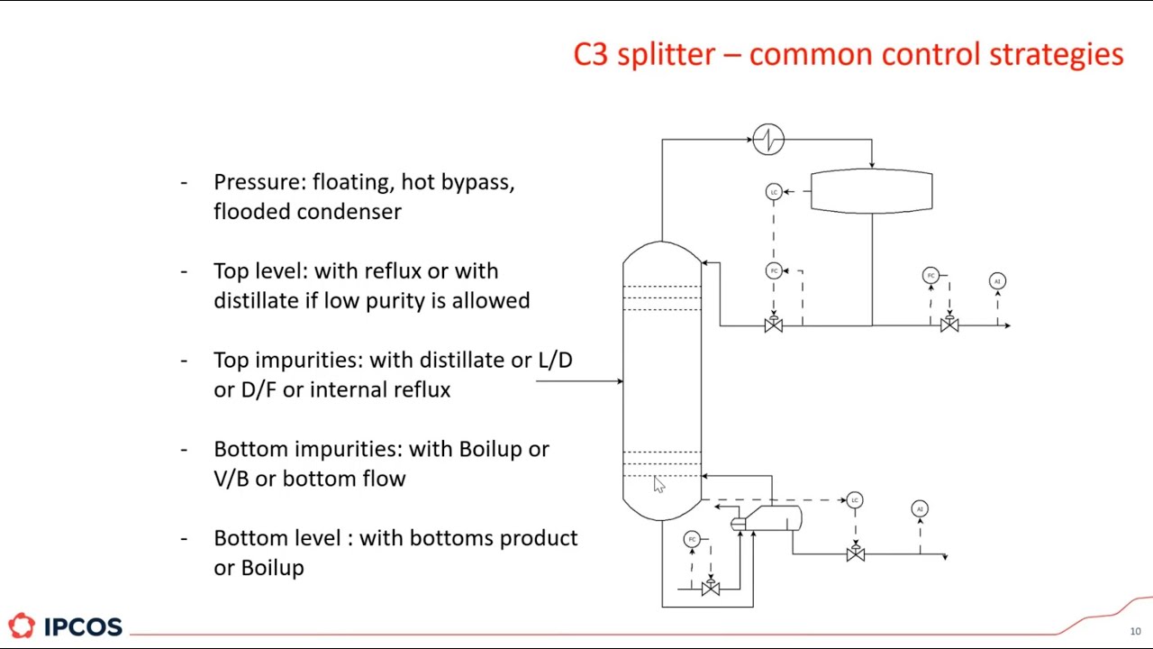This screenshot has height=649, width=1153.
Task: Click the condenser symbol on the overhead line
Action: pyautogui.click(x=768, y=140)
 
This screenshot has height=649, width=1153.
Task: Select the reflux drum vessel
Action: pyautogui.click(x=871, y=191)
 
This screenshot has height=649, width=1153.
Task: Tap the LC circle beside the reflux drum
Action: pyautogui.click(x=774, y=191)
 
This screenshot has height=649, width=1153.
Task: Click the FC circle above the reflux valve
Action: pyautogui.click(x=774, y=270)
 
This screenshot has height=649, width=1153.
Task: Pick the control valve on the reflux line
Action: pyautogui.click(x=774, y=325)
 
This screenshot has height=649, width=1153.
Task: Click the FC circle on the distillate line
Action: pyautogui.click(x=931, y=275)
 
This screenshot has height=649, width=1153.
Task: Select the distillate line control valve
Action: pyautogui.click(x=949, y=324)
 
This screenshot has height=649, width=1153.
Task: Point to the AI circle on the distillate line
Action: pyautogui.click(x=997, y=281)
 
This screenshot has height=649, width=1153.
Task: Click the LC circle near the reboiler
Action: pyautogui.click(x=855, y=499)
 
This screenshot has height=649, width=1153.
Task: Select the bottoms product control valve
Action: pyautogui.click(x=855, y=553)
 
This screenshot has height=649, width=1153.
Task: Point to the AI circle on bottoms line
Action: pyautogui.click(x=920, y=509)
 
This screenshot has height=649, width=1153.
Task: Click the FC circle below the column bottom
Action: pyautogui.click(x=692, y=539)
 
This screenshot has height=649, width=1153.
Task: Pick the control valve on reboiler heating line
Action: pyautogui.click(x=711, y=589)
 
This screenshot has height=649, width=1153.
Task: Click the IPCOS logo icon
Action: pyautogui.click(x=22, y=626)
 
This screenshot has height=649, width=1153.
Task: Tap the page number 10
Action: pyautogui.click(x=1135, y=631)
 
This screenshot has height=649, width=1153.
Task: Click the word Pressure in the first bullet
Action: pyautogui.click(x=258, y=182)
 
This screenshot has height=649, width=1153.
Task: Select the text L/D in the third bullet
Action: pyautogui.click(x=555, y=360)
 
